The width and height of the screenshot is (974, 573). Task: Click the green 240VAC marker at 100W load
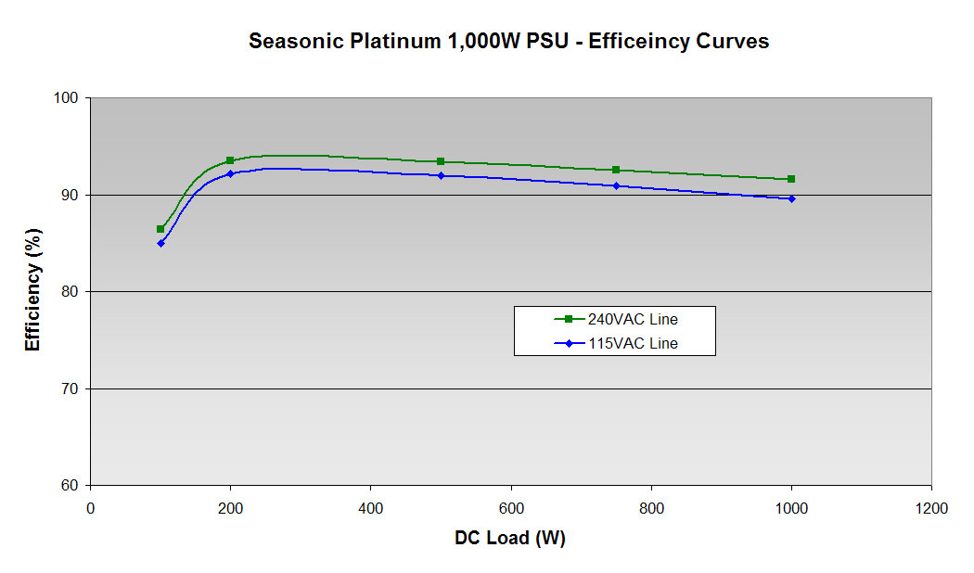[x=160, y=229]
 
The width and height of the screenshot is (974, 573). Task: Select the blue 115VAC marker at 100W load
[x=160, y=243]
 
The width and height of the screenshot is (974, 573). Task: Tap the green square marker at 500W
[x=441, y=161]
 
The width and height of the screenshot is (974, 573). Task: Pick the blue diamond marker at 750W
[x=616, y=185]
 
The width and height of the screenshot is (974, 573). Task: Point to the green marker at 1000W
[x=791, y=179]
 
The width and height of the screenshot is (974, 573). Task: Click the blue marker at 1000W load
[x=791, y=198]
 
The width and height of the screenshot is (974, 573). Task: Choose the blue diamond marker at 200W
[x=230, y=173]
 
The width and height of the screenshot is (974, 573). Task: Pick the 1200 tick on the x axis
[x=930, y=508]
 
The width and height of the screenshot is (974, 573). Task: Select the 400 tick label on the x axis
[x=370, y=508]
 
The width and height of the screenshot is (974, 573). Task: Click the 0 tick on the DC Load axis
[x=90, y=508]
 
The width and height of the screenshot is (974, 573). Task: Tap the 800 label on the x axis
[x=651, y=508]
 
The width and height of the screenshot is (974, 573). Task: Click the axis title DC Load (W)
[x=510, y=538]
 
